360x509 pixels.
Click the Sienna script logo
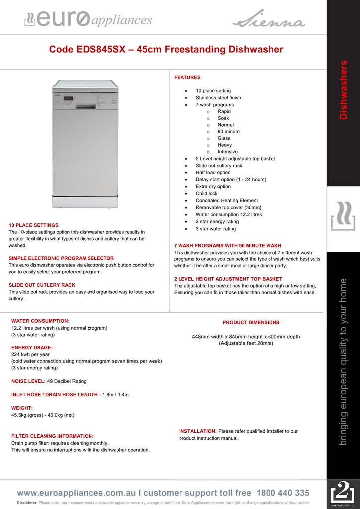coord(269,21)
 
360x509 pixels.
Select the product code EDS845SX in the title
coord(97,50)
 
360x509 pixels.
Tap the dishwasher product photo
coord(86,143)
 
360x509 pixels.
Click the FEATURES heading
coord(187,77)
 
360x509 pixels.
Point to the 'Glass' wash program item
coord(224,138)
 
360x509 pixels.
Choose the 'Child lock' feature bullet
coord(206,193)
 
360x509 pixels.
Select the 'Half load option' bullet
coord(213,172)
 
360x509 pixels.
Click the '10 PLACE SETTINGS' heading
coord(33,225)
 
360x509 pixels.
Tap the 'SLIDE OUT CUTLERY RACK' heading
coord(42,285)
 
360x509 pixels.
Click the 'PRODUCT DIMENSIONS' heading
coord(251,323)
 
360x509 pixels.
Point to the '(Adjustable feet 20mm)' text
coord(246,343)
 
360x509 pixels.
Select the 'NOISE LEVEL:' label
coord(28,381)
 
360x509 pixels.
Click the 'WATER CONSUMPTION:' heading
coord(40,321)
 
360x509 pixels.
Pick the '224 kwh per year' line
coord(30,355)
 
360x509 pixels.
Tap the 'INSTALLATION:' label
coord(197,431)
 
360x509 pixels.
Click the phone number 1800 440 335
coord(282,493)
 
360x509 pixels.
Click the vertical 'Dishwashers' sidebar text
coord(343,89)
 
